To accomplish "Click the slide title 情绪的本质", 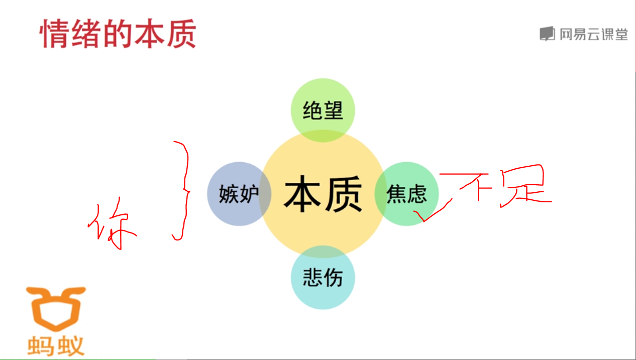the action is pyautogui.click(x=118, y=34).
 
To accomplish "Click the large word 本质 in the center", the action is pyautogui.click(x=323, y=194).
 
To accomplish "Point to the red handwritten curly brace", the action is pyautogui.click(x=182, y=191).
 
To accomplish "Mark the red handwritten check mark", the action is pyautogui.click(x=432, y=211).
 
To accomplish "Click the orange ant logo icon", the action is pyautogui.click(x=56, y=307).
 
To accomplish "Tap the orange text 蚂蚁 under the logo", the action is pyautogui.click(x=56, y=345).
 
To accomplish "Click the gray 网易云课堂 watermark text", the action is pyautogui.click(x=593, y=34).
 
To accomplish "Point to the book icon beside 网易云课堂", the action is pyautogui.click(x=547, y=34).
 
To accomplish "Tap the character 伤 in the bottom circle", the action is pyautogui.click(x=333, y=277).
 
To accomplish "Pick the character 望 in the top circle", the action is pyautogui.click(x=333, y=110).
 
